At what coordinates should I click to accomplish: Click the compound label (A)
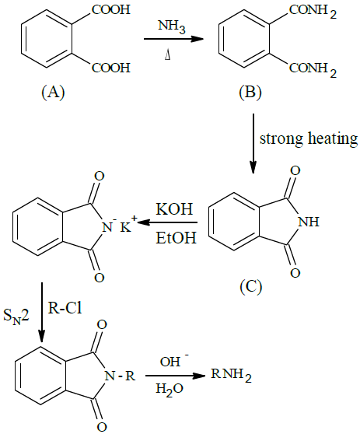click(x=53, y=93)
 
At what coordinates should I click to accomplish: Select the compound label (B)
click(x=250, y=93)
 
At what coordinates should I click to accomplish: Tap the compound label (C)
click(x=250, y=287)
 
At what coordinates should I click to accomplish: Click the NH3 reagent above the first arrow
click(x=172, y=27)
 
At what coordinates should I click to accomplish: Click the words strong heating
click(x=309, y=138)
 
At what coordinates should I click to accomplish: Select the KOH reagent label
click(x=174, y=209)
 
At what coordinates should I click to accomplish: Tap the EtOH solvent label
click(x=176, y=238)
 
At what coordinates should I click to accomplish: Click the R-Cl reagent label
click(x=65, y=308)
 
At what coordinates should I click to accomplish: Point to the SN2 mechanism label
click(x=16, y=317)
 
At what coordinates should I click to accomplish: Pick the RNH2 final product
click(x=232, y=376)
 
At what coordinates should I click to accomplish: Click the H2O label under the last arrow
click(x=170, y=389)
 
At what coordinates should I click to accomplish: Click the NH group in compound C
click(x=309, y=222)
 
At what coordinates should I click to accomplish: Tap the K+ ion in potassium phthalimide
click(x=128, y=226)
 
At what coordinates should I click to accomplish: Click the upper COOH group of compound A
click(x=111, y=9)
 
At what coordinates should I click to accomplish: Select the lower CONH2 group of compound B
click(x=313, y=69)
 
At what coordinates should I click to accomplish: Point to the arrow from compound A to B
click(x=173, y=40)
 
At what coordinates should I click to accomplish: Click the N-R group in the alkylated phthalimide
click(x=120, y=376)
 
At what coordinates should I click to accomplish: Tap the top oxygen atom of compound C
click(x=295, y=170)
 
